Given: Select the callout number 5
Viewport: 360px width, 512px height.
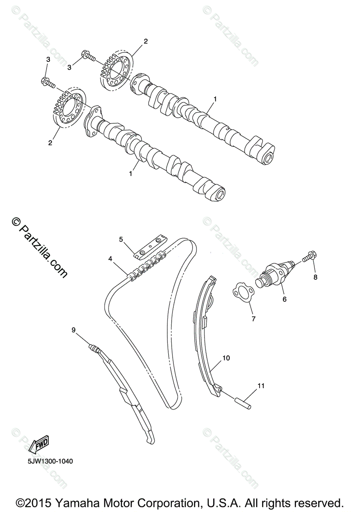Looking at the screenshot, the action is (x=121, y=239).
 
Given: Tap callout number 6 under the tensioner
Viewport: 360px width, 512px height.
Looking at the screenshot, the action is (x=284, y=299).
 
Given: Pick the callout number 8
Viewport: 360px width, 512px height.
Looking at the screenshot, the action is (x=316, y=277).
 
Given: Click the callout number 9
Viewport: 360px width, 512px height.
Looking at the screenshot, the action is (x=73, y=329).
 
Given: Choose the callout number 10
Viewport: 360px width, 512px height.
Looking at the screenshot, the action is (x=226, y=358).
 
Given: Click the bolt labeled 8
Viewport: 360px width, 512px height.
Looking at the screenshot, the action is (x=308, y=257).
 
